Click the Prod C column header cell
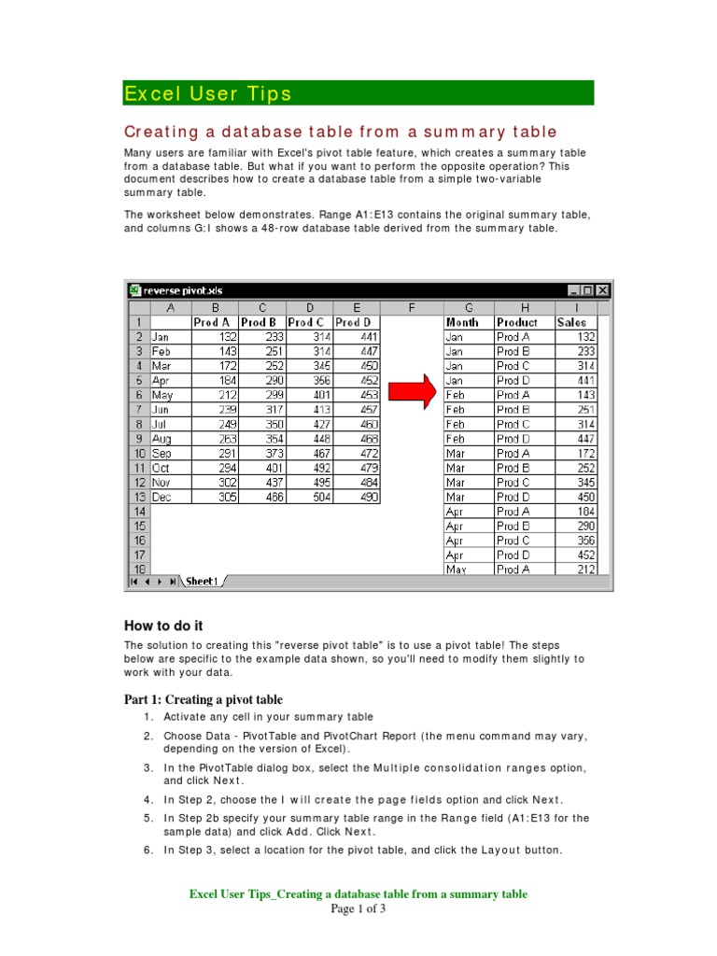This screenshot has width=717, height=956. [309, 322]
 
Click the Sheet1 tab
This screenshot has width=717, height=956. [201, 581]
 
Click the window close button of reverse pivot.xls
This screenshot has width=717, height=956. [602, 290]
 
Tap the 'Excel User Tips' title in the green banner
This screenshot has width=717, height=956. [208, 93]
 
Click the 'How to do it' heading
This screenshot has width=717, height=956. [163, 626]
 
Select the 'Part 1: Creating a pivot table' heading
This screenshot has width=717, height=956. [204, 699]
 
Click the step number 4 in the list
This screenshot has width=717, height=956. [148, 799]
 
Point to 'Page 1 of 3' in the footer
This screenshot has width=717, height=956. [358, 909]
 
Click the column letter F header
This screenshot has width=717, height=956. [411, 307]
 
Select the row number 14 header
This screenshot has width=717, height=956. [139, 512]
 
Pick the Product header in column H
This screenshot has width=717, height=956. [517, 322]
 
